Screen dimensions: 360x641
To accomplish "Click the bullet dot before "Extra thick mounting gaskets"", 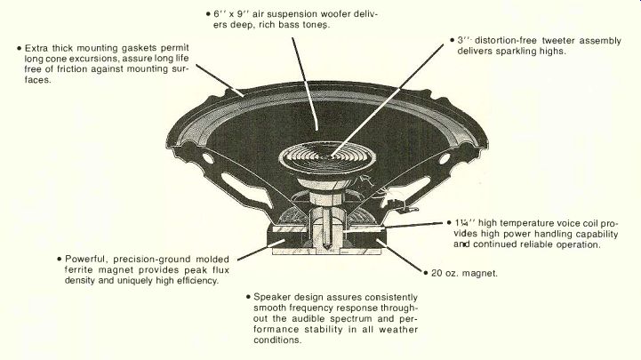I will tap(20, 48).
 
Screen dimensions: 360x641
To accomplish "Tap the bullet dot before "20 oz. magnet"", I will tap(423, 273).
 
